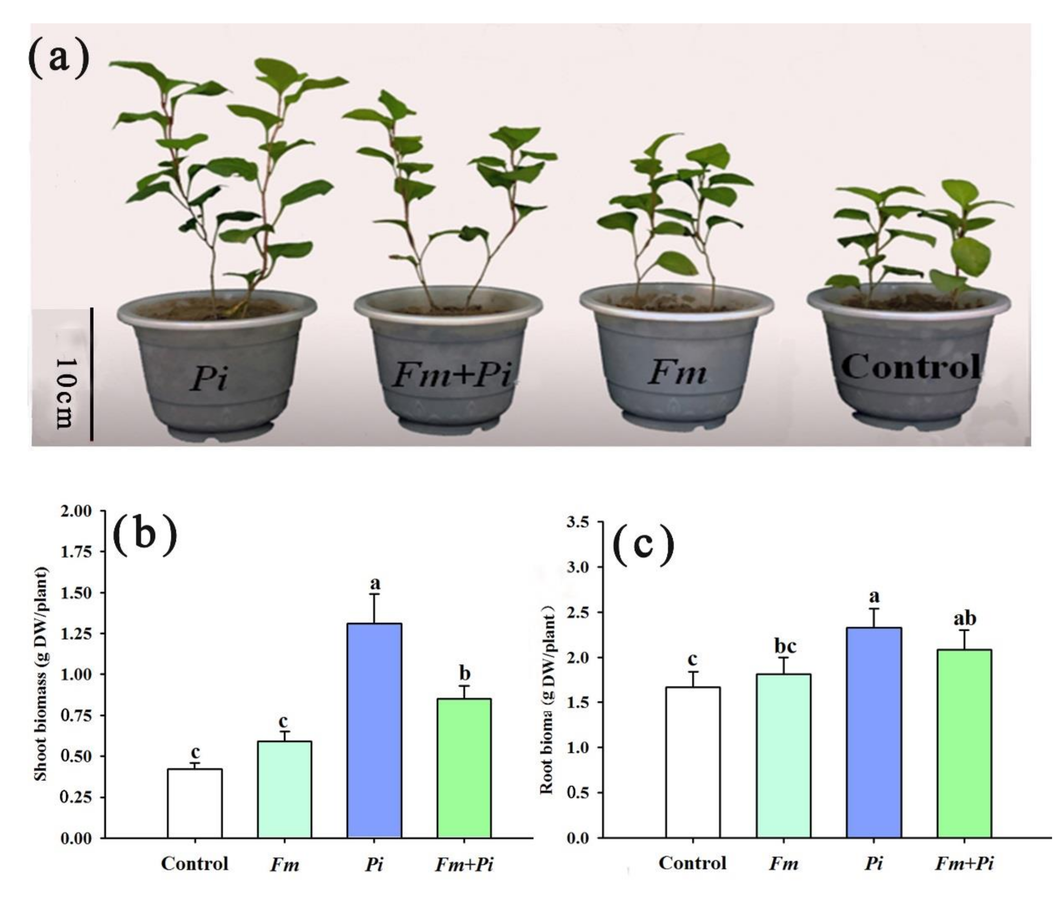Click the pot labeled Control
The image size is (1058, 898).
pos(909,367)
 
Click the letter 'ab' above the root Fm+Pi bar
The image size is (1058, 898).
pos(964,618)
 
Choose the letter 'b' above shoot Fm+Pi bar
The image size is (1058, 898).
pos(464,673)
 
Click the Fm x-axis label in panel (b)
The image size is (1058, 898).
pos(284,864)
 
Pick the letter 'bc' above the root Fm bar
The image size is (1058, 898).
pos(785,647)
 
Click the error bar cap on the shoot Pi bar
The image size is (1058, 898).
pos(374,594)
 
